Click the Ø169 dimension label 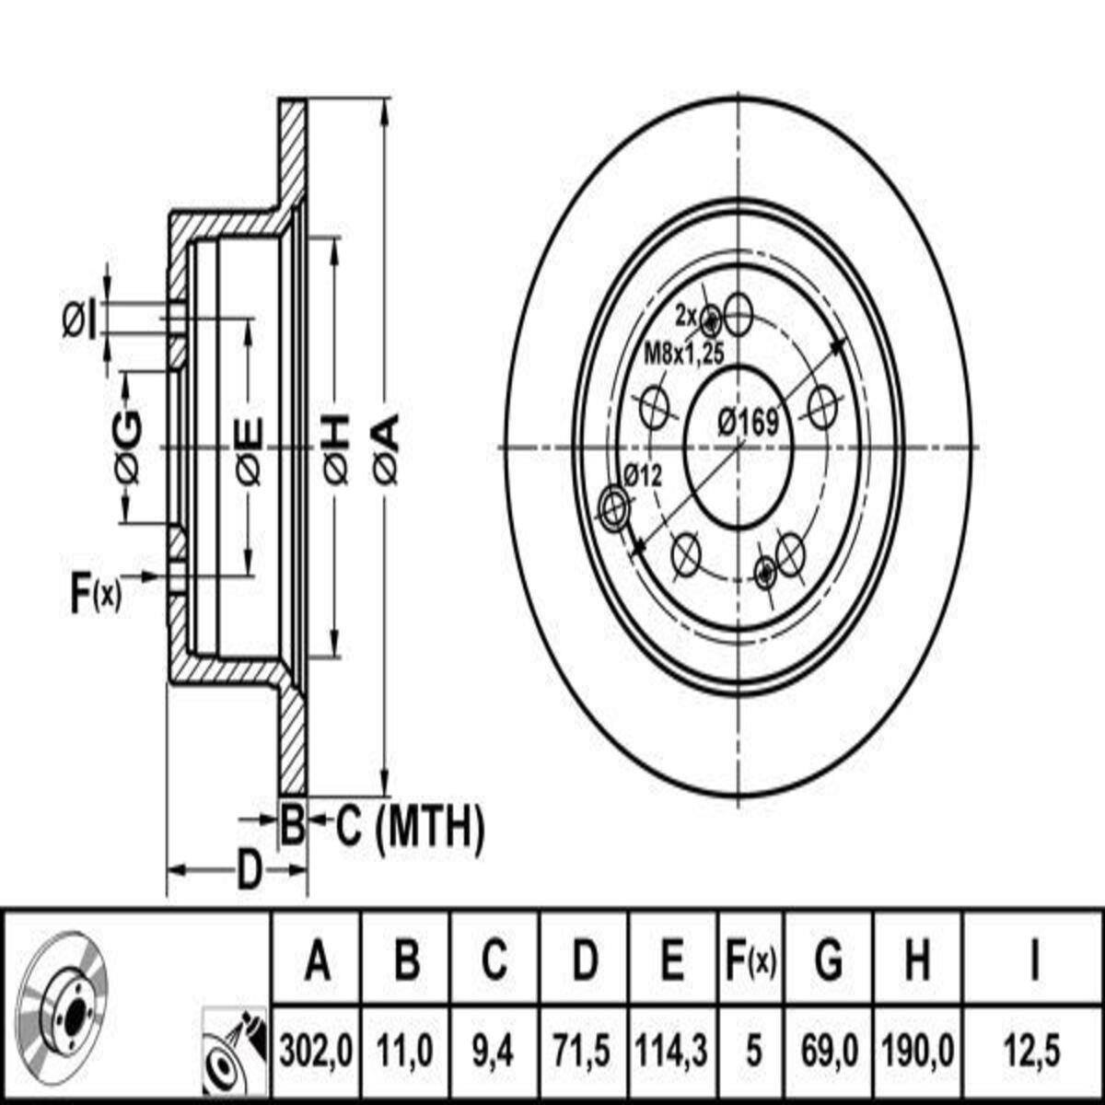tap(749, 423)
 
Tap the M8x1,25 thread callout tap(684, 354)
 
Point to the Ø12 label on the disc tap(643, 475)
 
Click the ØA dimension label tap(386, 450)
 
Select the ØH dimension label tap(337, 450)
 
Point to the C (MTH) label tap(410, 828)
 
